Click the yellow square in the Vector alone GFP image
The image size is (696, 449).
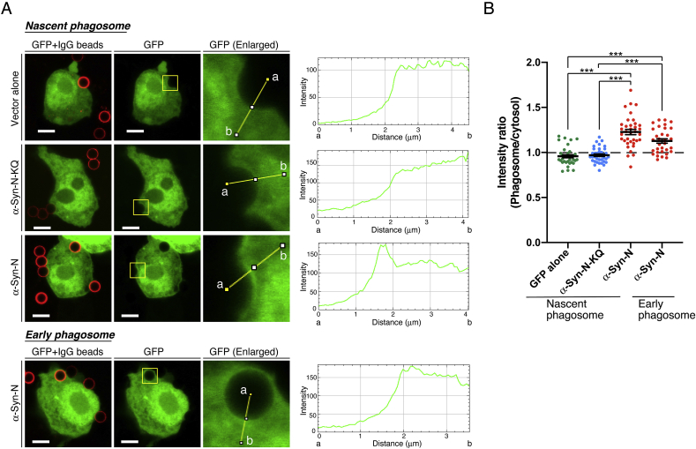click(170, 83)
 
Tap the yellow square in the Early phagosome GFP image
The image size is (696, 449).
click(150, 378)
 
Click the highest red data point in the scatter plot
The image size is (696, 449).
click(604, 90)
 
